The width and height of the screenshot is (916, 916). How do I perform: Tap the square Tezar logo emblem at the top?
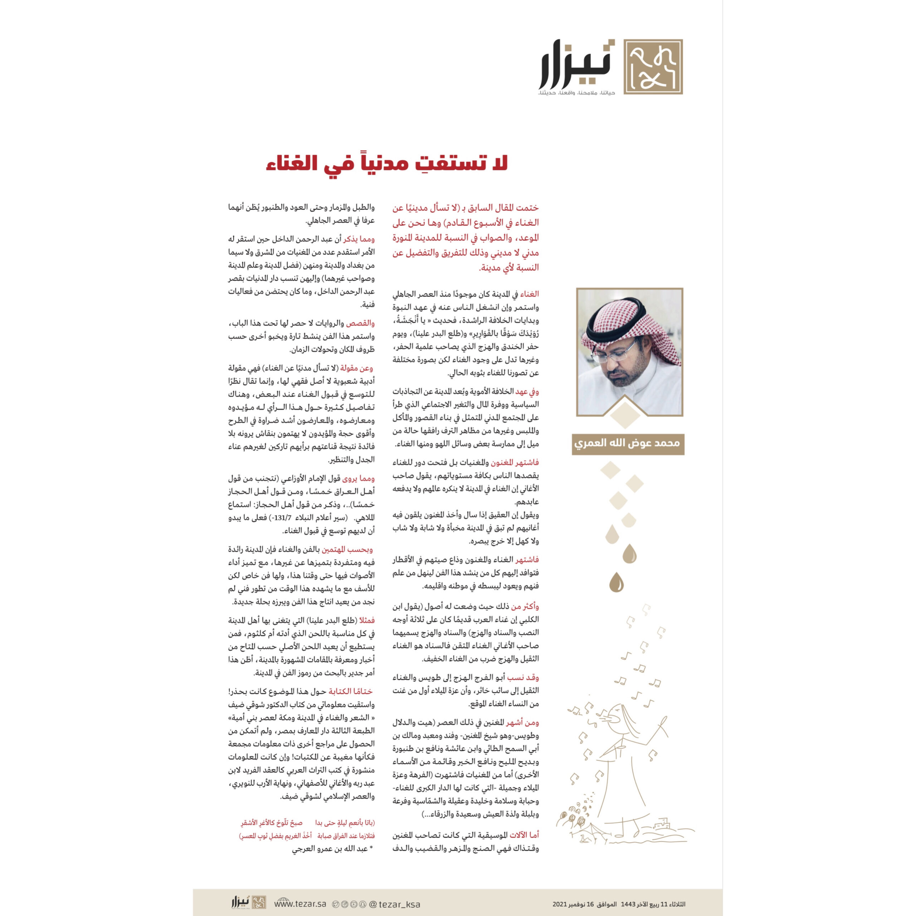click(x=653, y=67)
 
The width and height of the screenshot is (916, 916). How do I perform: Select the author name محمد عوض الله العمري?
click(x=627, y=444)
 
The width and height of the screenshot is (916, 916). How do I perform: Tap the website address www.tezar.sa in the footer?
click(x=301, y=904)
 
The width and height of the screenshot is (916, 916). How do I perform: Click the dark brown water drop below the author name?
click(x=617, y=582)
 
